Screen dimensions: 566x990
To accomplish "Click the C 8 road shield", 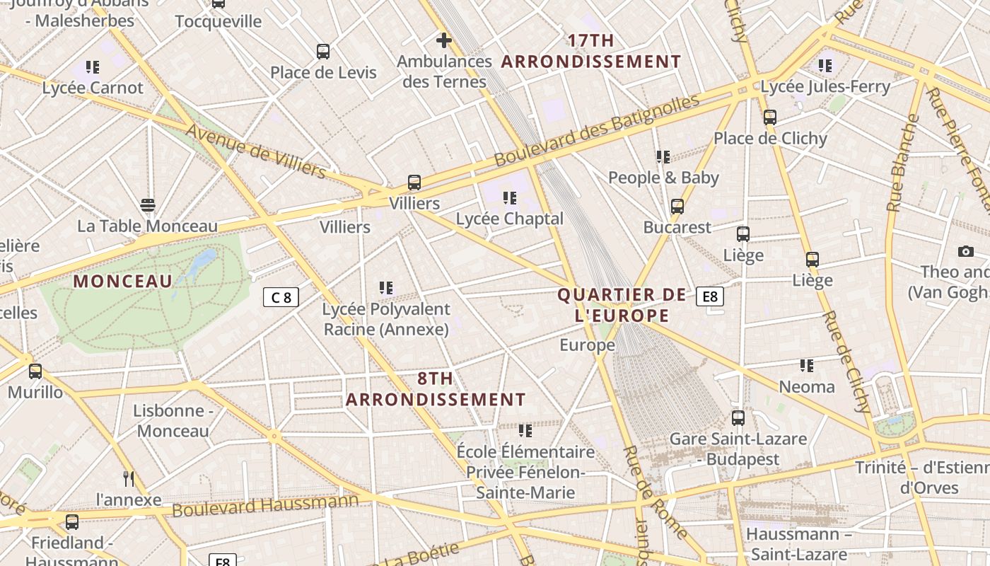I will pos(281,297).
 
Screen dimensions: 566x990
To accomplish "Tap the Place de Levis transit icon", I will pos(323,52).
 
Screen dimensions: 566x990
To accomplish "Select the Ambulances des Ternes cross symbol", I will pos(444,40).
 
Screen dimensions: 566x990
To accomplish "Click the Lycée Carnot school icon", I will pos(93,67).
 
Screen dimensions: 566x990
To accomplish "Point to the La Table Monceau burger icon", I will pos(147,205).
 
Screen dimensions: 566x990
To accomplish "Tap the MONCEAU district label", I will pos(123,282).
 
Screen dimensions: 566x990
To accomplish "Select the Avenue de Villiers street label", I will pos(256,151).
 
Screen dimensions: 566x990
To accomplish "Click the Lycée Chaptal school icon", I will pos(509,198).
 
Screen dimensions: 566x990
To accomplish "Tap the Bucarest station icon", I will pos(677,207).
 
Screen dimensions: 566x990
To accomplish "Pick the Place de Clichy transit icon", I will pos(770,117).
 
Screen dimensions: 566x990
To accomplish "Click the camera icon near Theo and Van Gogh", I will pos(966,251).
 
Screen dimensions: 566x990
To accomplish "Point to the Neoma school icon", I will pos(807,366).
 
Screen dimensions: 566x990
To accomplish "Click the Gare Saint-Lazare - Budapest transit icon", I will pos(738,418).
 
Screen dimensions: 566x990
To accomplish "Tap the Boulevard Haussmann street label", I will pos(265,505).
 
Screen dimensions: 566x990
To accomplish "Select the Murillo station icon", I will pos(35,371).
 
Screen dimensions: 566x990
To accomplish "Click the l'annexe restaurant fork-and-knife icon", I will pos(129,479).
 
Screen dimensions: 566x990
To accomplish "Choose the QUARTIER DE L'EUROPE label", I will pos(622,305).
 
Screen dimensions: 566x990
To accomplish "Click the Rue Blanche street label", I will pos(902,163).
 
